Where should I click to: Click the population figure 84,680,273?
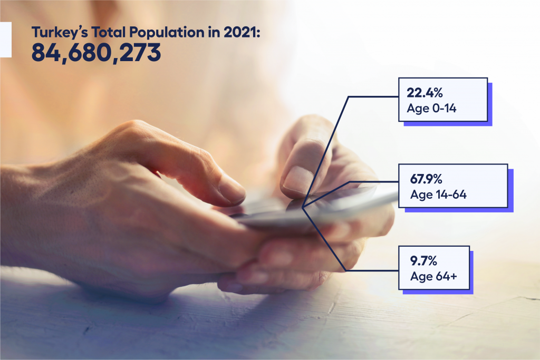tap(96, 53)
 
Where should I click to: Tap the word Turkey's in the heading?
tap(60, 33)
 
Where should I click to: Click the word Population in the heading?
tap(167, 33)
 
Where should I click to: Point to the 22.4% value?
tap(425, 93)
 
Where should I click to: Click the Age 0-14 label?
tap(431, 109)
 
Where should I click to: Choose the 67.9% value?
tap(426, 179)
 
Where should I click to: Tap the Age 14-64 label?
tap(438, 195)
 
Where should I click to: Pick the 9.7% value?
tap(423, 261)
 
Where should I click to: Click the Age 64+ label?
tap(433, 276)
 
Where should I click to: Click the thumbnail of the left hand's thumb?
tap(232, 188)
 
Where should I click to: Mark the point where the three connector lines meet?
tap(302, 207)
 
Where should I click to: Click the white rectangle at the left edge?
tap(5, 40)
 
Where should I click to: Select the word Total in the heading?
tap(108, 32)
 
